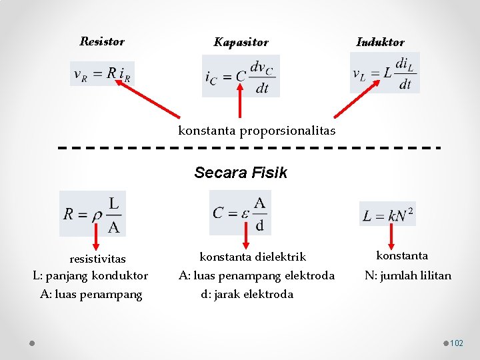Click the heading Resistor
102,41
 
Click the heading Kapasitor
241,43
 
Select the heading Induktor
380,42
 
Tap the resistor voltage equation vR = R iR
103,73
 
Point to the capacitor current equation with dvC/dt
241,76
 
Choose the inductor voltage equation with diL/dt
384,73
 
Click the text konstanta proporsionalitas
257,131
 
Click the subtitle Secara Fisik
241,173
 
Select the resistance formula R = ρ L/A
93,213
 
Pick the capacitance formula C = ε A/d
240,213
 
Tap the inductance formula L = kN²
387,214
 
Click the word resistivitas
97,259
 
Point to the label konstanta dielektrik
253,257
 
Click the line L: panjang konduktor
91,275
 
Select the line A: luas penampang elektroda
256,275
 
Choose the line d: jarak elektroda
247,294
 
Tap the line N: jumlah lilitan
407,275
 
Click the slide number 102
457,343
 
